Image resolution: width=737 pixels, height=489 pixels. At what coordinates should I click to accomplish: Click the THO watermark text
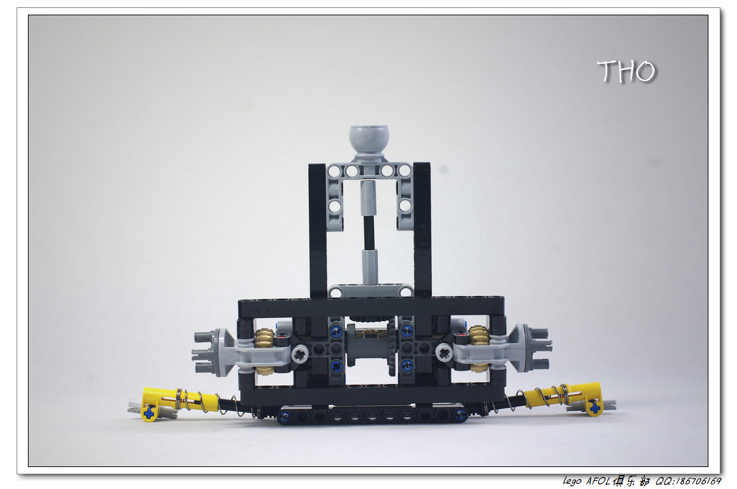[x=626, y=72]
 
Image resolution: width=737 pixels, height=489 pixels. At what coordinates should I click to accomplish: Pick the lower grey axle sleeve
[x=369, y=267]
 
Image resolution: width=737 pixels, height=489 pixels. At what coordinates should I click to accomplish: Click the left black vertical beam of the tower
[x=318, y=230]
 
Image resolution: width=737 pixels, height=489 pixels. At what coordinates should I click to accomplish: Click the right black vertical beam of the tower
[x=422, y=230]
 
